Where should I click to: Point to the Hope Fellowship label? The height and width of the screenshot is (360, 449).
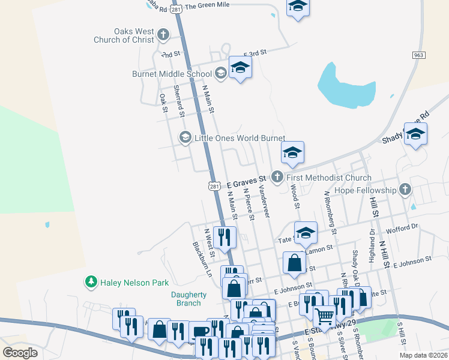tap(366, 190)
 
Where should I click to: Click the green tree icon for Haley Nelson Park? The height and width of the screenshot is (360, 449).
tap(91, 281)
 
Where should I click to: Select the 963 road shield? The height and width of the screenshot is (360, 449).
tap(419, 55)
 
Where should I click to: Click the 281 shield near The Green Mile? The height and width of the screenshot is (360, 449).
tap(176, 10)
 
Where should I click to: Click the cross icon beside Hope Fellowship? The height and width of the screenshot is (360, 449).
tap(405, 190)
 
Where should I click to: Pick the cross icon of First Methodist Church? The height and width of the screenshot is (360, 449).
tap(277, 177)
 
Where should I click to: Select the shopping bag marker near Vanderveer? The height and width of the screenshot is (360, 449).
tap(294, 263)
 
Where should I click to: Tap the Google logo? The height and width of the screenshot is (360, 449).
tap(20, 352)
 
